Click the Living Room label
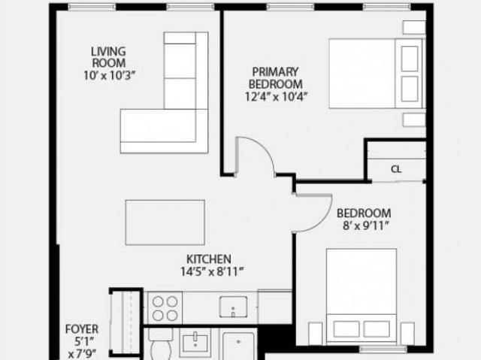tap(109, 57)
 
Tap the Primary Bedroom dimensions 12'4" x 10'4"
tap(276, 97)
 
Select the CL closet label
tap(396, 169)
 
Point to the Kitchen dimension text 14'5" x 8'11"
tap(212, 271)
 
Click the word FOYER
tap(82, 329)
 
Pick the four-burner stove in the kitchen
tap(165, 308)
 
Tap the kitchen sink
tap(233, 307)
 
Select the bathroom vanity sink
tap(195, 343)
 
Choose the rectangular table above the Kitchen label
tap(165, 222)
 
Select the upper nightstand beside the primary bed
tap(414, 27)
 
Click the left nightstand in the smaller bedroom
tap(316, 334)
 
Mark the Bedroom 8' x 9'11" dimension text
tap(366, 226)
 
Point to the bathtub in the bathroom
tap(239, 346)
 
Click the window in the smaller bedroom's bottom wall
tap(383, 349)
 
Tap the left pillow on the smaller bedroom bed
tap(346, 329)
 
